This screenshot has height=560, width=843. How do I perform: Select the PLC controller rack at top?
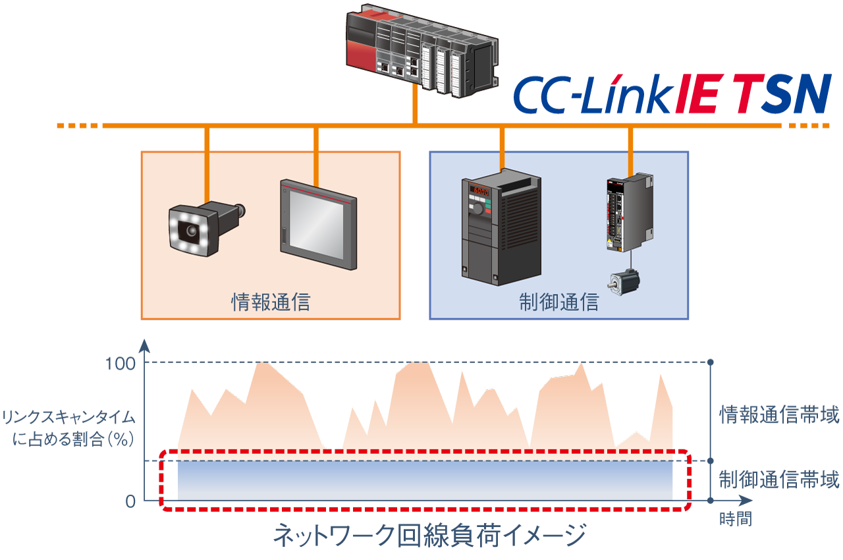click(421, 49)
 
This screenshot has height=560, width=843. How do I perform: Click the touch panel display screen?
click(318, 224)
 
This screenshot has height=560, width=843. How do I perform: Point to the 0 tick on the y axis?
click(130, 501)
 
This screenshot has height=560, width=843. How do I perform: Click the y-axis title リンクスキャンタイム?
click(68, 418)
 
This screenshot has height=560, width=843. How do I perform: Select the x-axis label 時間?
click(735, 518)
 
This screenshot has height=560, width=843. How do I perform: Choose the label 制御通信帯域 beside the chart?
click(779, 480)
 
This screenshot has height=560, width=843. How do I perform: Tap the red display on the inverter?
click(480, 192)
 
